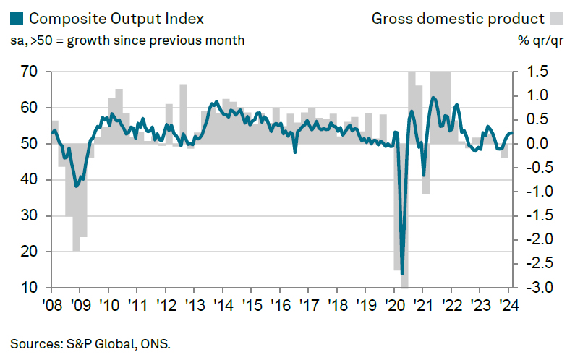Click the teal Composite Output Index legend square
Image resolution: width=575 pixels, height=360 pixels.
pos(17,18)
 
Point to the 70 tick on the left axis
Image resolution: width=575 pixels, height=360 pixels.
pos(29,72)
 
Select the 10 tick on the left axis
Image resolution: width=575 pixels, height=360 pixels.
pos(29,288)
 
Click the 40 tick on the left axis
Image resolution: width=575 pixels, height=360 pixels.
pos(29,180)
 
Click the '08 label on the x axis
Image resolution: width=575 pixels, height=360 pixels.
pos(51,304)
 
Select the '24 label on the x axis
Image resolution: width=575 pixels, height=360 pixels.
pos(508,304)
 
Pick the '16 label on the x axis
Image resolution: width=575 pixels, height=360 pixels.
pos(279,304)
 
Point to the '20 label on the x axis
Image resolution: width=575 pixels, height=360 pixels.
pos(393,304)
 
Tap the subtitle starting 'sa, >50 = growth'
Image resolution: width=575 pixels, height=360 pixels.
pos(127,40)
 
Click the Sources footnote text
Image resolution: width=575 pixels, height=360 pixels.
pos(90,343)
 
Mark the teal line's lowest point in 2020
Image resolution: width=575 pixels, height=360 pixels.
pos(401,273)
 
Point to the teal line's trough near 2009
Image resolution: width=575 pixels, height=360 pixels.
pos(76,185)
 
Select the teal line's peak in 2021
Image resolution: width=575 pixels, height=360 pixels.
pos(433,98)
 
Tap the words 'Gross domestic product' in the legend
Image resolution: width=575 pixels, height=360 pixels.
pos(457,18)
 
